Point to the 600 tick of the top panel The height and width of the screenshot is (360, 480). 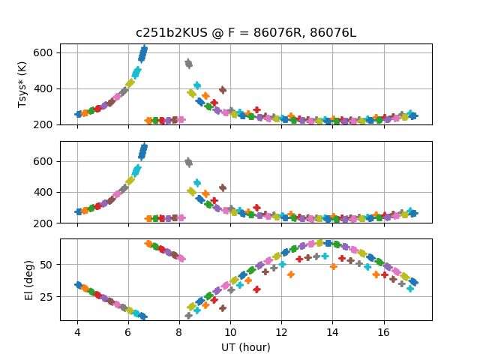(x=45, y=53)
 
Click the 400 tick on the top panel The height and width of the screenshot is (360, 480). (x=45, y=88)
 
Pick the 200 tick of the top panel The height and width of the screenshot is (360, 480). (x=45, y=124)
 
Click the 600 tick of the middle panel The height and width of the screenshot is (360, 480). (x=45, y=161)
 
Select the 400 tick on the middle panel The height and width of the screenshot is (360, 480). (x=45, y=192)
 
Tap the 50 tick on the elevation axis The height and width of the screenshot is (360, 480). (x=48, y=264)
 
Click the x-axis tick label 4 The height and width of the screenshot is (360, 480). (x=77, y=332)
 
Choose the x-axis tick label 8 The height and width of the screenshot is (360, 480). (x=179, y=332)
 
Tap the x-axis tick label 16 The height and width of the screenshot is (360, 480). (x=384, y=332)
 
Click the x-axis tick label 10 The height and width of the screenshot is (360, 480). (x=230, y=332)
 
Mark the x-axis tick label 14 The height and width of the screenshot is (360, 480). (x=333, y=332)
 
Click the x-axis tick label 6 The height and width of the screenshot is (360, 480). (x=128, y=332)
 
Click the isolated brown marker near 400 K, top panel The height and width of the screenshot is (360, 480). (x=222, y=90)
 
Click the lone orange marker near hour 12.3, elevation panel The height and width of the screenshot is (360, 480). (x=290, y=274)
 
